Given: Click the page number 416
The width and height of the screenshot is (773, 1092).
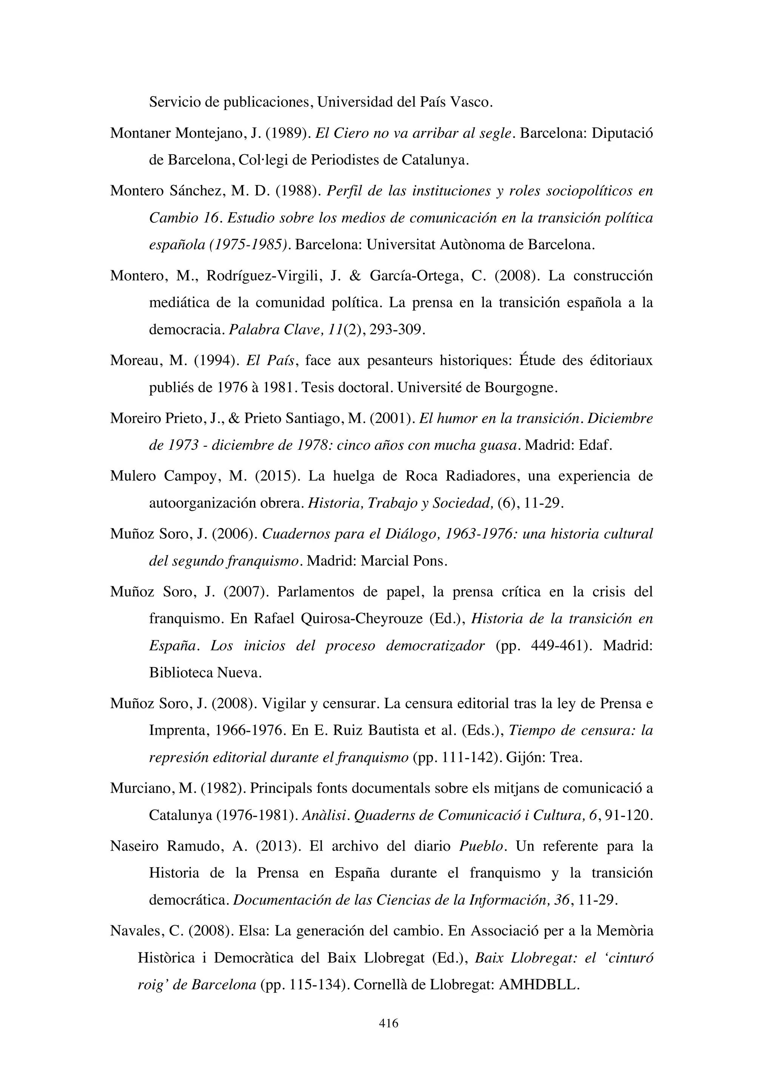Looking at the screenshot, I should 388,1023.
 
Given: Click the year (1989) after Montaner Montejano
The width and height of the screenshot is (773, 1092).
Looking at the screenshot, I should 285,133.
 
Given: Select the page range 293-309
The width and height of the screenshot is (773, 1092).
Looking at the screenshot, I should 399,330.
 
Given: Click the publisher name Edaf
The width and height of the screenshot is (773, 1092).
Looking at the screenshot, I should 594,445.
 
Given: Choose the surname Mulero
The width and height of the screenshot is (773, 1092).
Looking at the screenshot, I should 133,475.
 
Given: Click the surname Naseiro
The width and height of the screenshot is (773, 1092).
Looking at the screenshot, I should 135,846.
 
